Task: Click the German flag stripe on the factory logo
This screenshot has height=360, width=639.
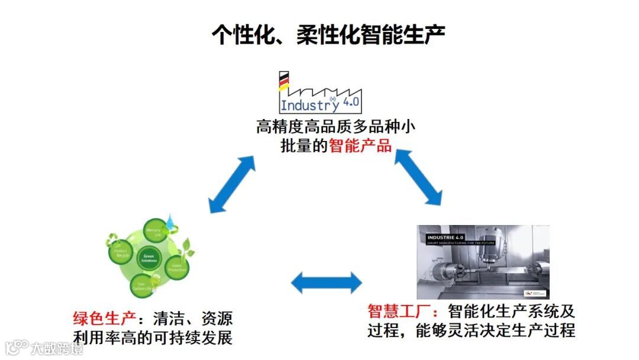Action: (284, 81)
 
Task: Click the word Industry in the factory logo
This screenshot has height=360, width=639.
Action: (309, 105)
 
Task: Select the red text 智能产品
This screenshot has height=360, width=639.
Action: (360, 145)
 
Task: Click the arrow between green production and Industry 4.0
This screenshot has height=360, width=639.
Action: (231, 184)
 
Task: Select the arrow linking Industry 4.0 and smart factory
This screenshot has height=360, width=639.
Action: (419, 176)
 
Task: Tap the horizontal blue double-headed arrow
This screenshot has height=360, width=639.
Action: (326, 283)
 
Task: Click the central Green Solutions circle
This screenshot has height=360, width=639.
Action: (148, 259)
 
